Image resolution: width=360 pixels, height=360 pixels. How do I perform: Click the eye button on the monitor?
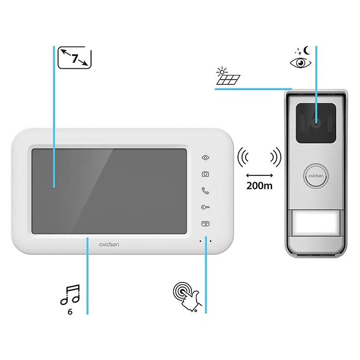point(205,157)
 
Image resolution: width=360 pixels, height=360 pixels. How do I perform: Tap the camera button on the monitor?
point(205,174)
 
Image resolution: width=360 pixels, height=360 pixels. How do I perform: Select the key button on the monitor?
point(205,207)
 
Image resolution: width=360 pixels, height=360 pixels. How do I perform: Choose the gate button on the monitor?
point(205,223)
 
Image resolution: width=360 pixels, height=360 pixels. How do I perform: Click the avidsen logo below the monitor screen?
point(109,245)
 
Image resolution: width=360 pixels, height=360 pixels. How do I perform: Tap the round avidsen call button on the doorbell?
point(316,176)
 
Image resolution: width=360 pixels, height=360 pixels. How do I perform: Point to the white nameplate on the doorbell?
point(316,222)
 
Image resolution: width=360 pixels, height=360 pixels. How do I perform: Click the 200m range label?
point(260,186)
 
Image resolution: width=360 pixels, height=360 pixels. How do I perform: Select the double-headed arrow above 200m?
point(260,175)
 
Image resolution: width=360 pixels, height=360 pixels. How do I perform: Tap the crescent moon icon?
point(307,51)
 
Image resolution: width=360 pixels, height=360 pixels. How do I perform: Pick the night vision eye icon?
point(301,63)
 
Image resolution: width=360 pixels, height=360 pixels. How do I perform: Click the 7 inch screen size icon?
point(74,57)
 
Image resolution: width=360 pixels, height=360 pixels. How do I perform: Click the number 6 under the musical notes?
point(70,311)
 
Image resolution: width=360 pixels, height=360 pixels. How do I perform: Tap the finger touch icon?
point(187,296)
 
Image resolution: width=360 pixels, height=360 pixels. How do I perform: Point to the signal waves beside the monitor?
point(243,157)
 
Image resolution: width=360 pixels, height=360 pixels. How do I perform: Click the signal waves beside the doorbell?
point(276,157)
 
